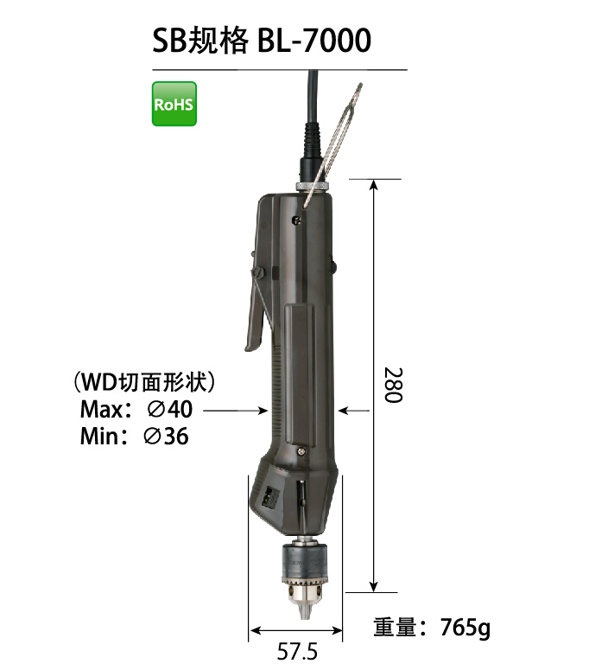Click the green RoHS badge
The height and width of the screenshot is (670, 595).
[x=174, y=104]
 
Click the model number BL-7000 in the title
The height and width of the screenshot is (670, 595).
[x=314, y=41]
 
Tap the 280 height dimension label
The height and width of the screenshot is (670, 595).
[x=393, y=385]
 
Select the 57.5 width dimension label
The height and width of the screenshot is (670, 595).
[x=297, y=651]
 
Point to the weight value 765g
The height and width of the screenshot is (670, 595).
[x=465, y=628]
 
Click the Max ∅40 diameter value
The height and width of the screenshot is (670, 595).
[x=170, y=410]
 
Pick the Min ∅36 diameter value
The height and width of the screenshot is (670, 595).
[x=166, y=437]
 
